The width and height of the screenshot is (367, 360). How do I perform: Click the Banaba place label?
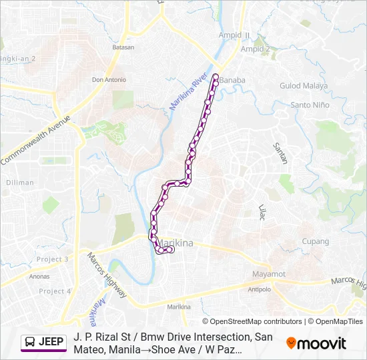tap(232, 80)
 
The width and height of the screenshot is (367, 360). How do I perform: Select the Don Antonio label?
tap(109, 80)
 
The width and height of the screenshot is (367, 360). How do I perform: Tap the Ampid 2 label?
tap(256, 49)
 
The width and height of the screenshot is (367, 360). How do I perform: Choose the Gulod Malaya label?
tap(304, 86)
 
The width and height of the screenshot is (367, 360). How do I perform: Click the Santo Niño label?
tap(310, 105)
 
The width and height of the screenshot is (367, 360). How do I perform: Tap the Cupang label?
tap(316, 241)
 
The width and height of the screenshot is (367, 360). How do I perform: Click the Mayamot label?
tap(269, 274)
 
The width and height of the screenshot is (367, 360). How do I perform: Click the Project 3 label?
tap(52, 259)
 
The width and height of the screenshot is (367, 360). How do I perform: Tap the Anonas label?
tap(40, 276)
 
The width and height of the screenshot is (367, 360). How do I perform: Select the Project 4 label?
tap(55, 291)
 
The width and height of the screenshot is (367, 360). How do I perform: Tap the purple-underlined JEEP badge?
tap(44, 343)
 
